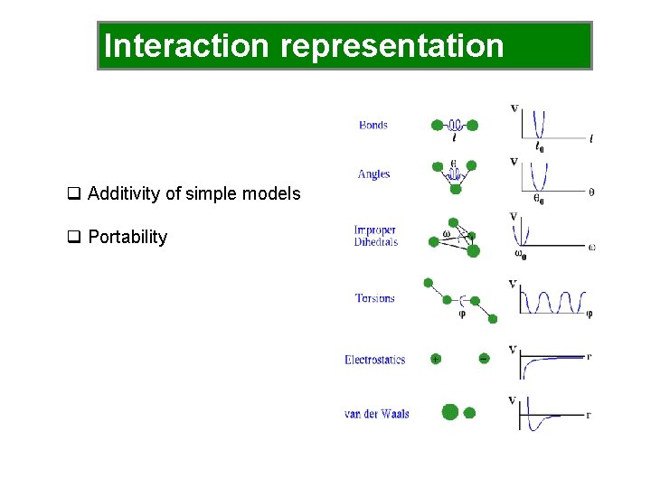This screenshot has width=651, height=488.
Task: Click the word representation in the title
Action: point(392,46)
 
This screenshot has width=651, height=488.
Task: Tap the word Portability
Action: point(127,237)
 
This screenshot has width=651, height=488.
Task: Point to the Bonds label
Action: point(373,125)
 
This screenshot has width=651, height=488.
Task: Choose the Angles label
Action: point(373,174)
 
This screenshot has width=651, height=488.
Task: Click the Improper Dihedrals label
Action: point(374,236)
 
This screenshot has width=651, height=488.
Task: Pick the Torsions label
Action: point(374,298)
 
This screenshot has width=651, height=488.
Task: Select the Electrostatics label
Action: point(374,360)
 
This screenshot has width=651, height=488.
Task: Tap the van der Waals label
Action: point(376,414)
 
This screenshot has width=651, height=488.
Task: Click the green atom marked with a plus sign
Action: point(436,359)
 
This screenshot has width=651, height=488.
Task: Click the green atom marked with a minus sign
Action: point(484,359)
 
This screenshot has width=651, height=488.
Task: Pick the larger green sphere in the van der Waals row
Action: point(449,412)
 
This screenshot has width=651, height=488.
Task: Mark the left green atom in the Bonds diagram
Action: point(438,126)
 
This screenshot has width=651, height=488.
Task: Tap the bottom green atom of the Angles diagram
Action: point(456,188)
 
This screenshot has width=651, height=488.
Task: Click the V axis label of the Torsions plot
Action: point(513,284)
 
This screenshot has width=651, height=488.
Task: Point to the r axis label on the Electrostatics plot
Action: point(590,356)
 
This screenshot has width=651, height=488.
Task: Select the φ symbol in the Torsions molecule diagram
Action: point(463,314)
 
